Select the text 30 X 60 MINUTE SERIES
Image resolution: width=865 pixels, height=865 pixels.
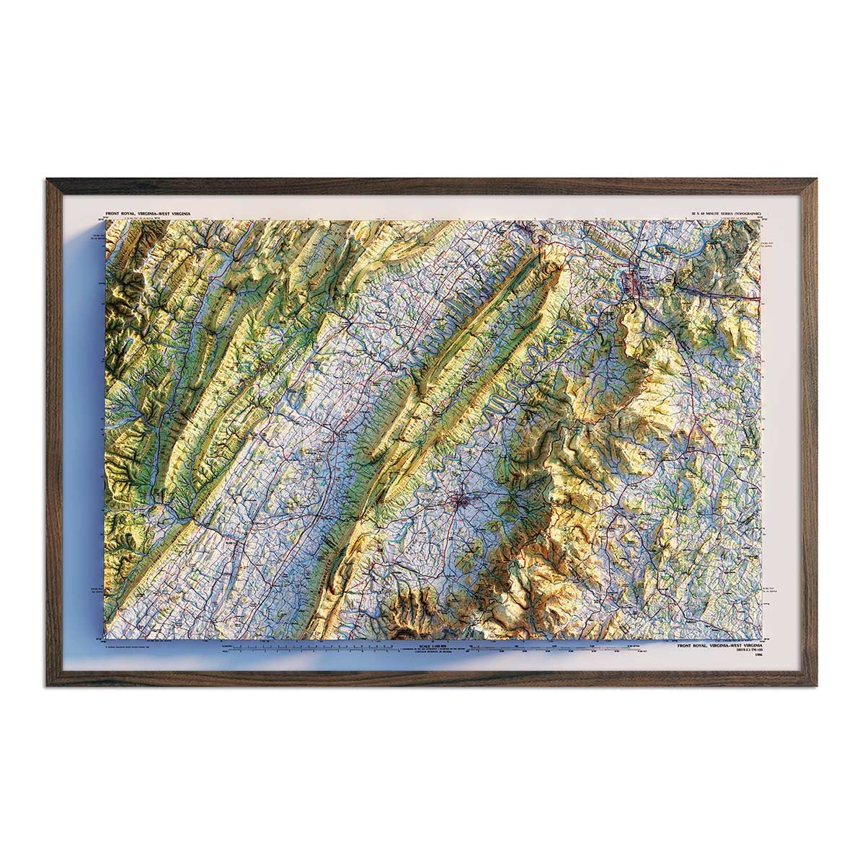(x=714, y=214)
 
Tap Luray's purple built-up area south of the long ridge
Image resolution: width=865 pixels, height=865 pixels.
(x=458, y=501)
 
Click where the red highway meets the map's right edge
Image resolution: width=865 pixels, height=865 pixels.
(x=758, y=296)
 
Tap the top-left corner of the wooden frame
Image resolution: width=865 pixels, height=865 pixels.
(x=48, y=181)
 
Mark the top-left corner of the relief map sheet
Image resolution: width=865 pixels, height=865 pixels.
(x=107, y=221)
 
